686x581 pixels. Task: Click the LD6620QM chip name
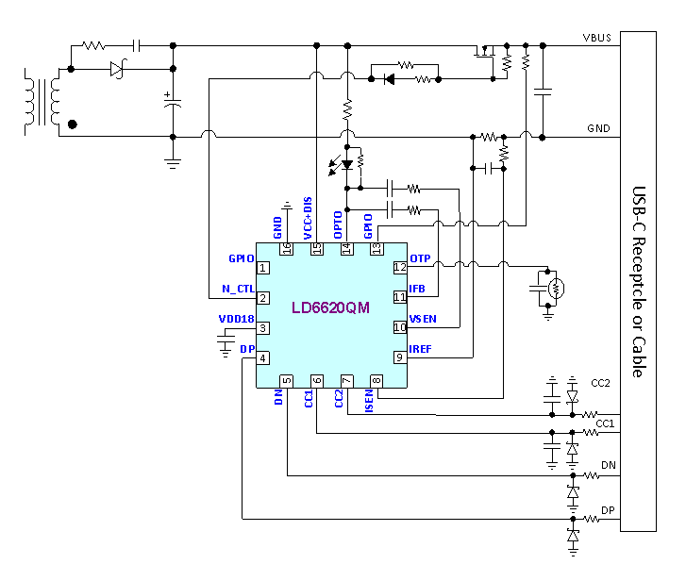pyautogui.click(x=330, y=307)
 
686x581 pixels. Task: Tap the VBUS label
pyautogui.click(x=598, y=37)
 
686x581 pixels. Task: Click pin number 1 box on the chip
pyautogui.click(x=263, y=268)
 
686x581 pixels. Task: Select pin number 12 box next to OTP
pyautogui.click(x=399, y=267)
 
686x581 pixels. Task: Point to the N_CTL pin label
pyautogui.click(x=239, y=289)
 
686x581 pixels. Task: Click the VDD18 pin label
pyautogui.click(x=236, y=319)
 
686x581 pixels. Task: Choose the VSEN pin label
pyautogui.click(x=423, y=319)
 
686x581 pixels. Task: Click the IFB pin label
pyautogui.click(x=417, y=288)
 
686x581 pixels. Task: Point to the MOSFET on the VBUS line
pyautogui.click(x=485, y=53)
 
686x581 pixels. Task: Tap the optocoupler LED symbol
pyautogui.click(x=347, y=165)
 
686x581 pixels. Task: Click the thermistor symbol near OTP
pyautogui.click(x=556, y=287)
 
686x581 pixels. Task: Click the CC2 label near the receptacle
pyautogui.click(x=602, y=384)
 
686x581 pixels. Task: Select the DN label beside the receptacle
pyautogui.click(x=608, y=465)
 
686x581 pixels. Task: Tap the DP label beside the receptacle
pyautogui.click(x=608, y=510)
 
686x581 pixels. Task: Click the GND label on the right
pyautogui.click(x=598, y=127)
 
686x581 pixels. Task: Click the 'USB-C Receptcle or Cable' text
pyautogui.click(x=637, y=281)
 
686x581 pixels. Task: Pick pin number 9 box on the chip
pyautogui.click(x=399, y=357)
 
